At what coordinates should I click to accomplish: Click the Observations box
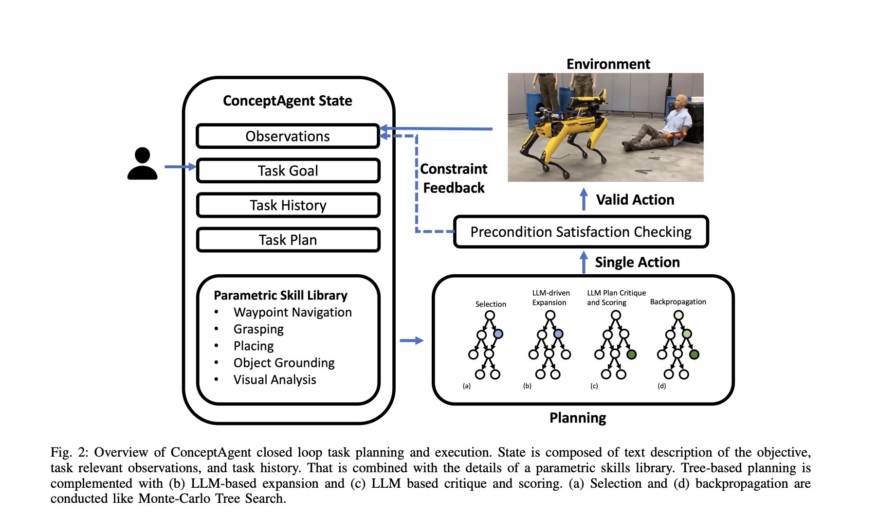pyautogui.click(x=288, y=136)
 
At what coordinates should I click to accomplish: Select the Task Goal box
pyautogui.click(x=288, y=171)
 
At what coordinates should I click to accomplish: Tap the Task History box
pyautogui.click(x=288, y=205)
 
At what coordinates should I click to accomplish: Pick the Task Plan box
pyautogui.click(x=288, y=240)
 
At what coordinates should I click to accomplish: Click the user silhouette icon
pyautogui.click(x=142, y=164)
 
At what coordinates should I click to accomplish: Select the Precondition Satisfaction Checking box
pyautogui.click(x=581, y=232)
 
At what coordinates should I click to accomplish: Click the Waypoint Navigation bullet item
pyautogui.click(x=292, y=312)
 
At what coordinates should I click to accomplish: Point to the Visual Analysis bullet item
pyautogui.click(x=274, y=380)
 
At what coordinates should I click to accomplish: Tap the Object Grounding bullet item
pyautogui.click(x=284, y=363)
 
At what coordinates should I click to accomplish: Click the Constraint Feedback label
pyautogui.click(x=454, y=178)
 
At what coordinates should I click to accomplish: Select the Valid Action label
pyautogui.click(x=635, y=200)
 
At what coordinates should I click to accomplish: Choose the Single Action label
pyautogui.click(x=637, y=262)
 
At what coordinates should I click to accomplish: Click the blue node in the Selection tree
pyautogui.click(x=498, y=334)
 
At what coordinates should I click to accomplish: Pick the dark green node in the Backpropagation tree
pyautogui.click(x=695, y=355)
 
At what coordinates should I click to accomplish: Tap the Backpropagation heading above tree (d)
pyautogui.click(x=678, y=302)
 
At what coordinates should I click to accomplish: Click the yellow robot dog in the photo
pyautogui.click(x=565, y=131)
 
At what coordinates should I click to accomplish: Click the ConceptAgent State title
pyautogui.click(x=287, y=101)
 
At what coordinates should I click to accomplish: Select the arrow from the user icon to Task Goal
pyautogui.click(x=180, y=167)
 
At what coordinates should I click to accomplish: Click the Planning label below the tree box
pyautogui.click(x=578, y=418)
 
